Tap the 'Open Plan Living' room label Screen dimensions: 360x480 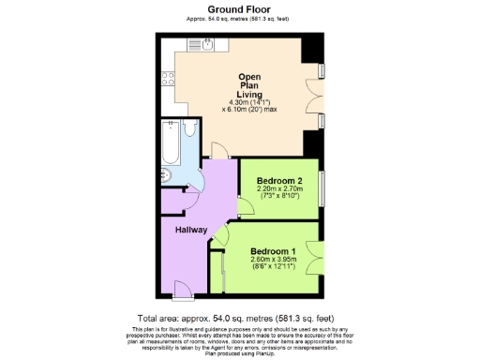248,85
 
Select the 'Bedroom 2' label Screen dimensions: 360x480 278,180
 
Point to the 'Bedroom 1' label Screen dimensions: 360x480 273,251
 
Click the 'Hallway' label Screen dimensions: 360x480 192,229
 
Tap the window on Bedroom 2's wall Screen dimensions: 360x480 322,186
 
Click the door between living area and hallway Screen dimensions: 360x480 217,152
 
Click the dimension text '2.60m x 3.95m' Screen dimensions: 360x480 273,260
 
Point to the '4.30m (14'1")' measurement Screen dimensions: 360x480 248,102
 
